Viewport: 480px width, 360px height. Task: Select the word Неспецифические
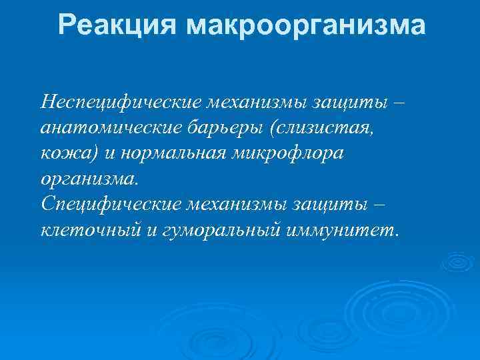pos(121,102)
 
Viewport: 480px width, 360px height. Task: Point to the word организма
pos(89,178)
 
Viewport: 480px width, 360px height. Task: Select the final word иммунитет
pos(341,229)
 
